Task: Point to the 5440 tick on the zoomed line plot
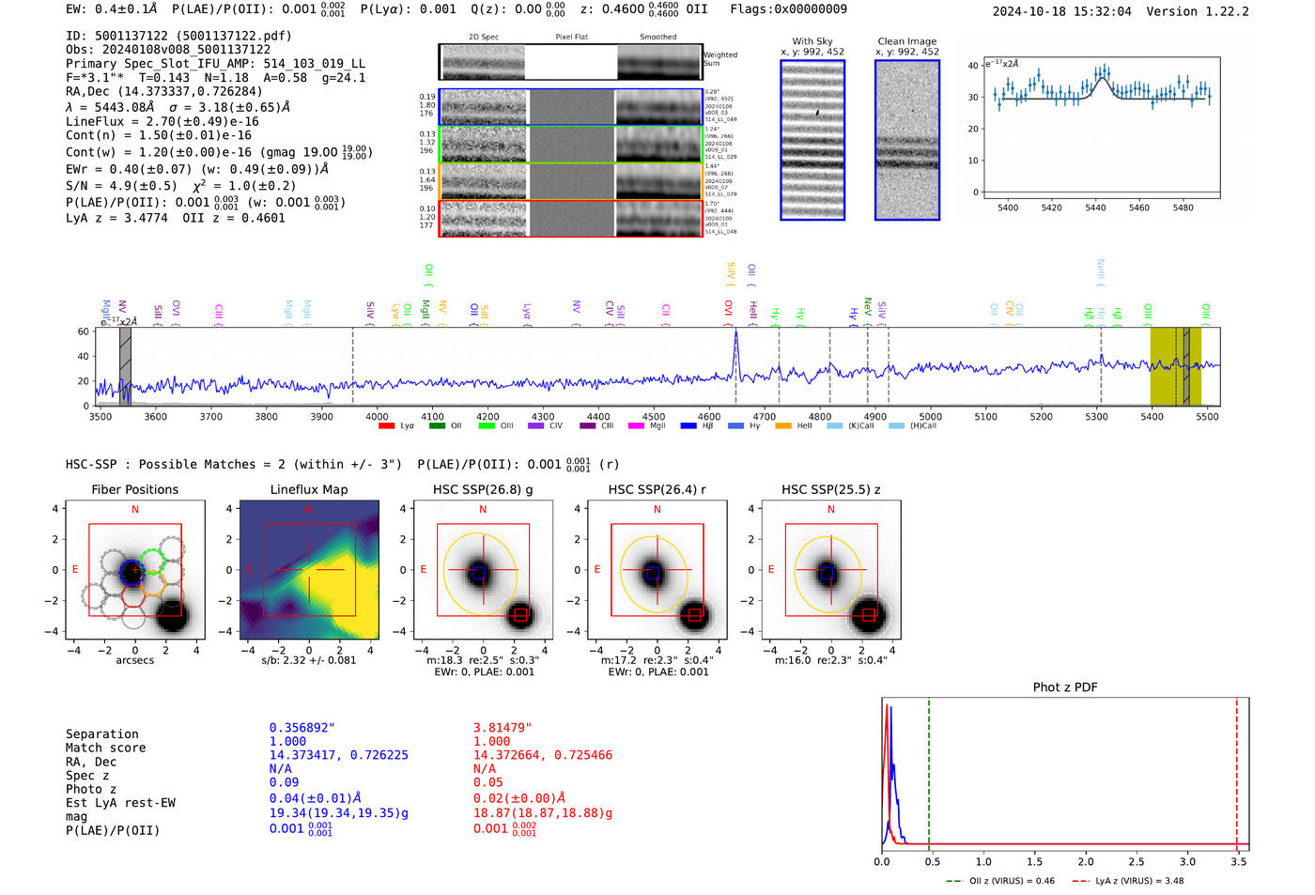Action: (1095, 208)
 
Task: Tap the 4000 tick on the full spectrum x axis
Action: (377, 417)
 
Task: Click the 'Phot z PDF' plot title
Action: (1064, 687)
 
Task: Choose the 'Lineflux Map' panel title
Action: (308, 489)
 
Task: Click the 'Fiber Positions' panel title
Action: (134, 489)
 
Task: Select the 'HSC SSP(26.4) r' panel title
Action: (657, 489)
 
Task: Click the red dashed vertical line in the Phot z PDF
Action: (1237, 770)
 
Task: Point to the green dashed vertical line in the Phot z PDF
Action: (928, 770)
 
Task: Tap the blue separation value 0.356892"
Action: (302, 728)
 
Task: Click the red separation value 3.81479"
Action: (503, 728)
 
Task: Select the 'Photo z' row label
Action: (91, 789)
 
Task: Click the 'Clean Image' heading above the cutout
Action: (906, 41)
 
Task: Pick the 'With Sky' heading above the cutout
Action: (812, 41)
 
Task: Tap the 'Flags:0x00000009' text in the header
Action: (788, 8)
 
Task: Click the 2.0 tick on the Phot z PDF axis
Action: (1085, 861)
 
